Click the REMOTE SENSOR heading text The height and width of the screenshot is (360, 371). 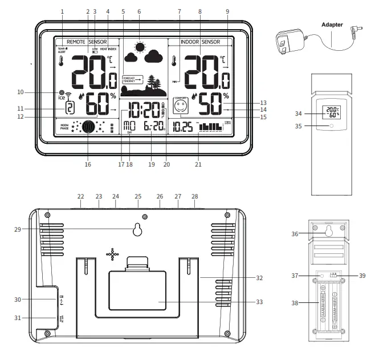click(x=87, y=42)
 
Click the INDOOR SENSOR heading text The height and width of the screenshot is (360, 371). click(x=200, y=42)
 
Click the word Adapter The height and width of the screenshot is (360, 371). click(x=332, y=25)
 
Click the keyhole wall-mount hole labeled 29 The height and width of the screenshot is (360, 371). click(x=137, y=229)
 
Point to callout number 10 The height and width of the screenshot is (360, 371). click(x=21, y=92)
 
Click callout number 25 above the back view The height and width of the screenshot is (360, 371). click(x=137, y=196)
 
